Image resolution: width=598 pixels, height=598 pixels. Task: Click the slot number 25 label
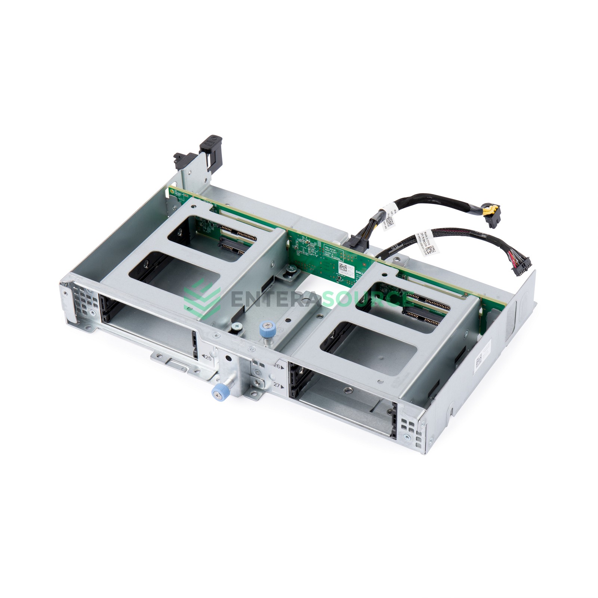click(x=207, y=358)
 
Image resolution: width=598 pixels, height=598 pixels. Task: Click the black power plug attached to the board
click(x=358, y=242)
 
